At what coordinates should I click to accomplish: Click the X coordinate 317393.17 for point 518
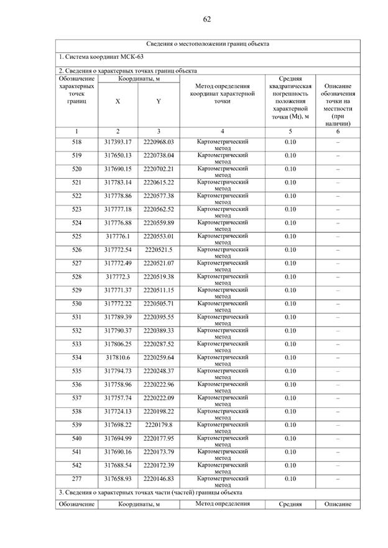point(118,142)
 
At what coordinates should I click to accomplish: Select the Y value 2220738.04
point(159,155)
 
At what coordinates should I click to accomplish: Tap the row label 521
point(76,182)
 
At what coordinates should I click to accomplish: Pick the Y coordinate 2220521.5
point(159,249)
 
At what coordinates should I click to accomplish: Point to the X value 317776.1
point(118,236)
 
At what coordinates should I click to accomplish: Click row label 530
point(76,303)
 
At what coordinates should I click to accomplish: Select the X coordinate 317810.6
point(118,357)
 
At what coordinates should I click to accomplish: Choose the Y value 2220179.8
point(159,425)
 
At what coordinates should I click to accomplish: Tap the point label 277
point(76,479)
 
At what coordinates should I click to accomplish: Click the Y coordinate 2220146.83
point(159,479)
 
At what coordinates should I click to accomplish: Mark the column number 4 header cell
point(223,132)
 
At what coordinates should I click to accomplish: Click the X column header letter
point(118,102)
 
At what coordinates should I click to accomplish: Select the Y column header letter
point(159,102)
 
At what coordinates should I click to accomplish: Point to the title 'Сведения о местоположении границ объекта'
point(208,44)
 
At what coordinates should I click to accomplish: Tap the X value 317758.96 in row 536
point(118,385)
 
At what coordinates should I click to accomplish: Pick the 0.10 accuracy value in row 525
point(290,236)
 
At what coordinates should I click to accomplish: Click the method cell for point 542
point(223,468)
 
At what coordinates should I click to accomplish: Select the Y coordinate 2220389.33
point(159,331)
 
